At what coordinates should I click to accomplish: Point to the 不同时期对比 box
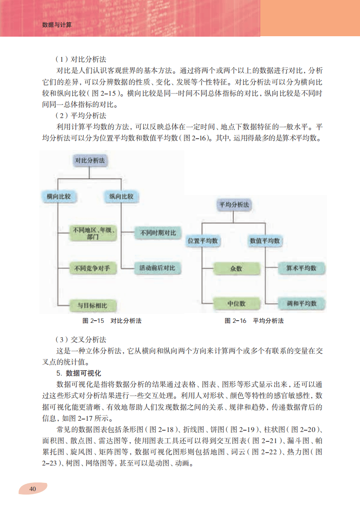[157, 233]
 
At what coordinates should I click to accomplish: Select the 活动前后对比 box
[157, 268]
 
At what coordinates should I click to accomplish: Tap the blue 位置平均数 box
[203, 241]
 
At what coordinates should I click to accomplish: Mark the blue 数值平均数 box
[265, 241]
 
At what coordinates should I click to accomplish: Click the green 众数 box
[236, 268]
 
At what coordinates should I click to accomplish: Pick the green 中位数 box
[236, 303]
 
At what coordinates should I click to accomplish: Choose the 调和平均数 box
[301, 303]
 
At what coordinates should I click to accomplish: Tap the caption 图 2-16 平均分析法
[254, 321]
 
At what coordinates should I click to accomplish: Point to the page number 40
[32, 489]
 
